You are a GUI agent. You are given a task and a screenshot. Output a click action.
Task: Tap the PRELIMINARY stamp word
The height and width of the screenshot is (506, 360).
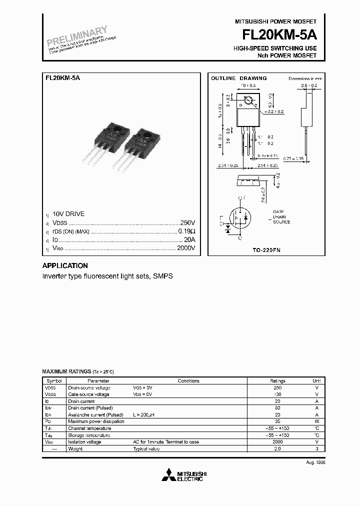click(77, 37)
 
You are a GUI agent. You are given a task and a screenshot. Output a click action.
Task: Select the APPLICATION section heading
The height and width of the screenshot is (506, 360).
click(65, 266)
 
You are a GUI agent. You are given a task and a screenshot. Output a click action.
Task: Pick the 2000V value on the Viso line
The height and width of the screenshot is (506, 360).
click(185, 248)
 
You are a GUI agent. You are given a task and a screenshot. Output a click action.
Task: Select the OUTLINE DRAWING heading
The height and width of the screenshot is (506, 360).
click(238, 78)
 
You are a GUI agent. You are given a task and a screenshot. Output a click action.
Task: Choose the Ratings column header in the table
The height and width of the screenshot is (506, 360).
click(277, 380)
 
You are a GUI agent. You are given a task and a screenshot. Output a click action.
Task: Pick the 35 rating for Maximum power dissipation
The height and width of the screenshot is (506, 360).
click(277, 421)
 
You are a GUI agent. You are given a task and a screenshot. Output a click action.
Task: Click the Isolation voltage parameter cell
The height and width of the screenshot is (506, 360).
click(84, 442)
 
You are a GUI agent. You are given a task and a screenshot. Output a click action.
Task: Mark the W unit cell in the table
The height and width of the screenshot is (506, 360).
click(316, 421)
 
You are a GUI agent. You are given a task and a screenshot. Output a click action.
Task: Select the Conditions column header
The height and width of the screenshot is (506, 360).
click(188, 380)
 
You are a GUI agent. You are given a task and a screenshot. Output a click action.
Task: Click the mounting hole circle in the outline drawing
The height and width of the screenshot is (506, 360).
click(247, 101)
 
